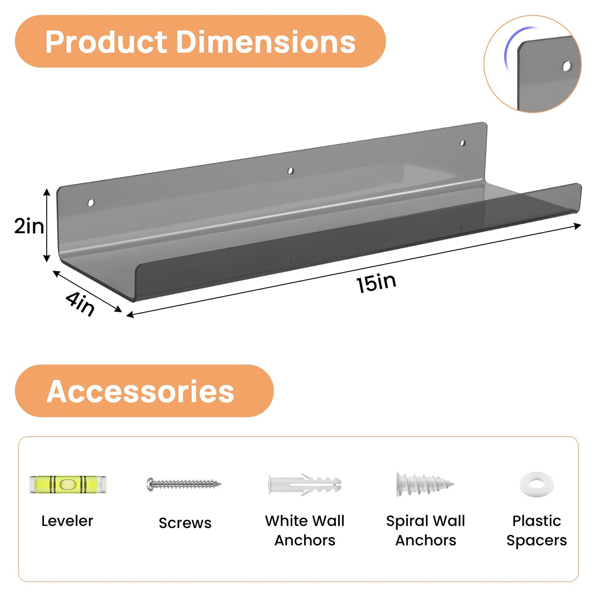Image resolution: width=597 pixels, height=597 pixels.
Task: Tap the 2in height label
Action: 29,226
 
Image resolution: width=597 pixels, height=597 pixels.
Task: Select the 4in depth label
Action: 80,304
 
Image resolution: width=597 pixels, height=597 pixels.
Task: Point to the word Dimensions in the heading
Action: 266,42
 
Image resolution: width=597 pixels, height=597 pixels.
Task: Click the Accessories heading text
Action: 140,392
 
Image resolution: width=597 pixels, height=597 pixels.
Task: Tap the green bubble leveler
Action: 67,485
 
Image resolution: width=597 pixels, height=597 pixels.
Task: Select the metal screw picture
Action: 184,484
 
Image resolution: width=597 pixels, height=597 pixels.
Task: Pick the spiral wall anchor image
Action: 425,484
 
